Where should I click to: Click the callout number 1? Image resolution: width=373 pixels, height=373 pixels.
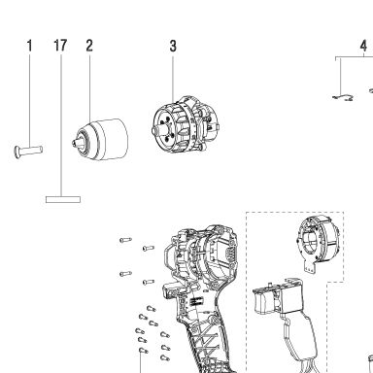[30, 46]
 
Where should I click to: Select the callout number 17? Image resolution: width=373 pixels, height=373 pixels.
[60, 46]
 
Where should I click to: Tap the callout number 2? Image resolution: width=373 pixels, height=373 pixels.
[89, 46]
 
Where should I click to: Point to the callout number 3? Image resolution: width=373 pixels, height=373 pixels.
[173, 46]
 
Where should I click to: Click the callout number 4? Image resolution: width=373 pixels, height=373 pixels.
[363, 46]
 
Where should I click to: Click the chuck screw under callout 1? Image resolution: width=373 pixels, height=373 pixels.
[28, 151]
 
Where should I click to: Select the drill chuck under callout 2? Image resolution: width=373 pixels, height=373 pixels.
[100, 139]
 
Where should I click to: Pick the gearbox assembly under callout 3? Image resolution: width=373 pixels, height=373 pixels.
[186, 124]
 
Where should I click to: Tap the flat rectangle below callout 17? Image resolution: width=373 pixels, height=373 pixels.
[63, 199]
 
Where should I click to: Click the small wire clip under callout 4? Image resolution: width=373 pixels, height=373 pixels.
[343, 98]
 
